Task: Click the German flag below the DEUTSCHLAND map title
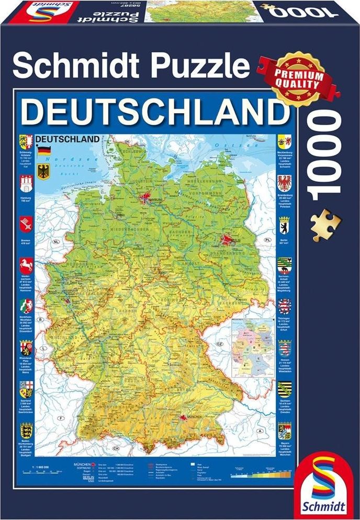coord(44,151)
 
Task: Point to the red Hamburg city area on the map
coord(145,198)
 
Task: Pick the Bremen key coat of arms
coord(25,225)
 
